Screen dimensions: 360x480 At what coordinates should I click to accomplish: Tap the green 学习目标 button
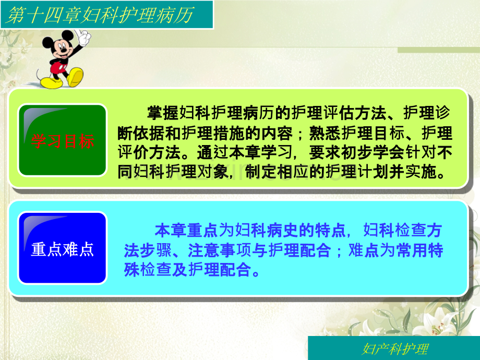(x=63, y=141)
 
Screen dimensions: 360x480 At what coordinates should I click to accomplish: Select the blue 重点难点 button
(x=63, y=249)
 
